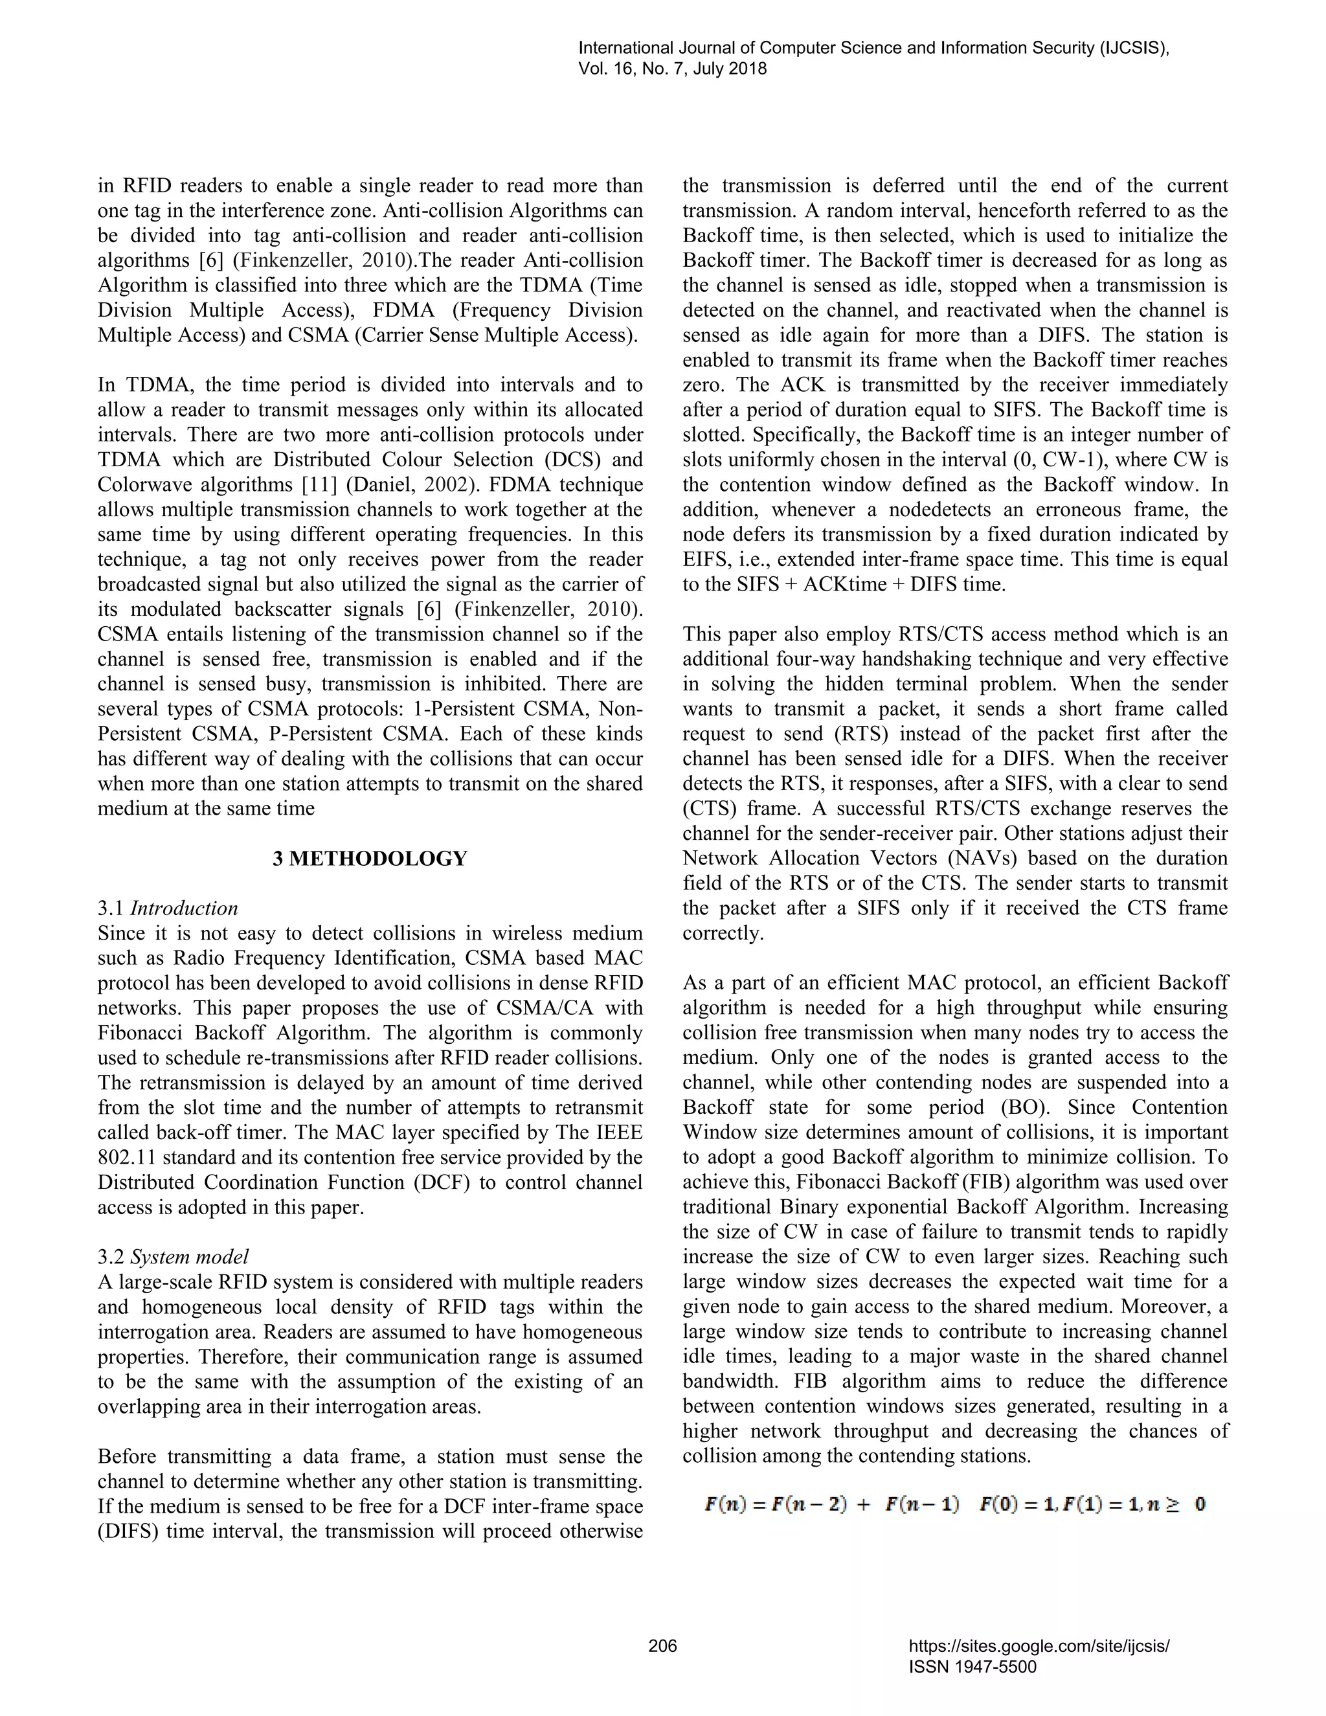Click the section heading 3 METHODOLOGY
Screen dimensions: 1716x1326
pyautogui.click(x=369, y=859)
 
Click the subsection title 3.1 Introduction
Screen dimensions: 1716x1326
pyautogui.click(x=167, y=909)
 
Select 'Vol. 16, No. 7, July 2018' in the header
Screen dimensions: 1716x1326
pyautogui.click(x=673, y=69)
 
